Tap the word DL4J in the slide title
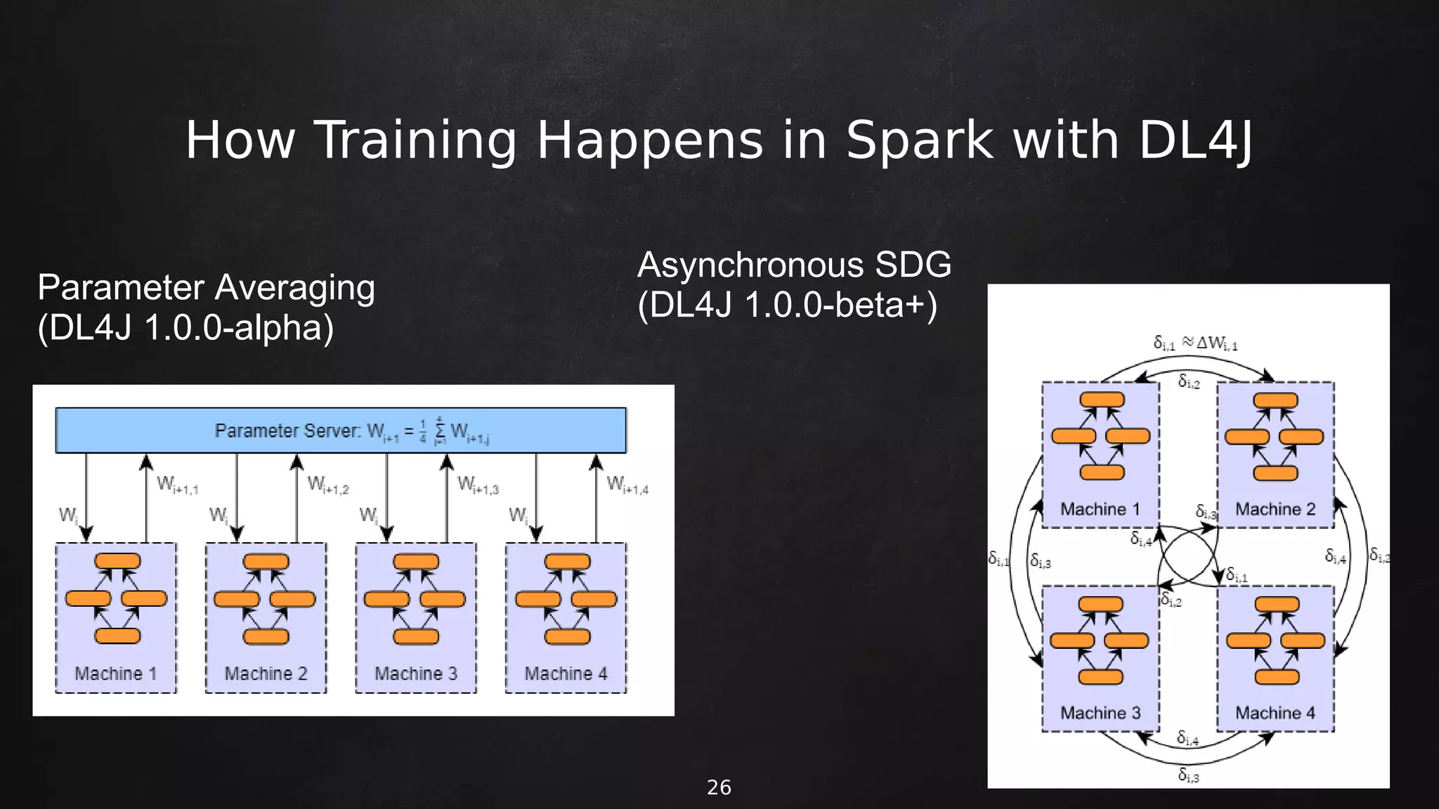point(1194,140)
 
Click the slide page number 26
point(719,788)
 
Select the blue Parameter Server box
point(341,430)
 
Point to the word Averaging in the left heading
point(295,288)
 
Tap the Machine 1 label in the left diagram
point(116,674)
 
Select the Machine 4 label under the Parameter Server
point(566,674)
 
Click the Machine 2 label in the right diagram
point(1275,509)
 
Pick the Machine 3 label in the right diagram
point(1100,713)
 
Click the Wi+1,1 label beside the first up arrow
point(178,485)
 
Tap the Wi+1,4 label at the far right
point(627,485)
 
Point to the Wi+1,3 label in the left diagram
point(478,485)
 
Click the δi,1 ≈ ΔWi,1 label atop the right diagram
point(1195,343)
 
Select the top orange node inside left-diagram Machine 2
point(266,562)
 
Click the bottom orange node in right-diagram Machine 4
point(1277,677)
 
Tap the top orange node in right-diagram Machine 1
point(1102,400)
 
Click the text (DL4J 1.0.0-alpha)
point(185,328)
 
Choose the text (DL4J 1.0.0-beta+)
point(787,305)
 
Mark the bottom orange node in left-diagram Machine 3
point(416,637)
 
